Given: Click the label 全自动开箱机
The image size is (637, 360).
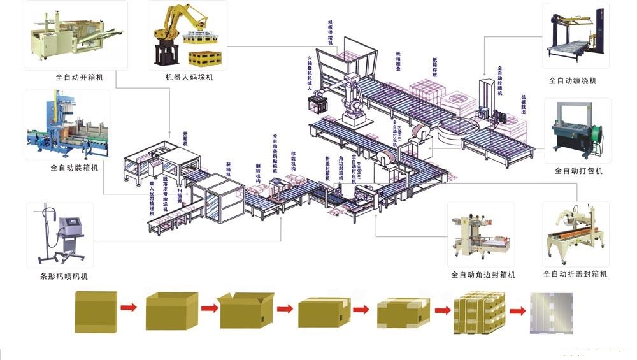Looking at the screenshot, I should [x=80, y=77].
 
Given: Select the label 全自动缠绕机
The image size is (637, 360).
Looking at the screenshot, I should [x=573, y=81].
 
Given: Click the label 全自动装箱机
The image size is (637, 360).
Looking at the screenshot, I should [x=75, y=168].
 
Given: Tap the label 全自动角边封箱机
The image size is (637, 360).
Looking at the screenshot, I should [x=483, y=275].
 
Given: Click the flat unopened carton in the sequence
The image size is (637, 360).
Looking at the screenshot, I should [x=96, y=310].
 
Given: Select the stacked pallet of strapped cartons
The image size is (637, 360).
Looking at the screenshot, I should [x=478, y=312].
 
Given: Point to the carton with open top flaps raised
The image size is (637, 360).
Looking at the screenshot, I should [x=245, y=310].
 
